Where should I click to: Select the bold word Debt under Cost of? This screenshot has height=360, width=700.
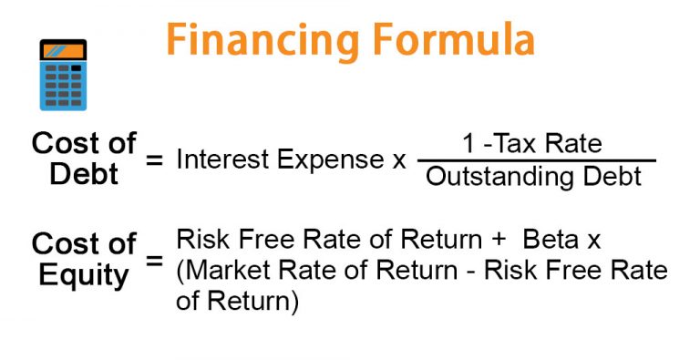coord(84,173)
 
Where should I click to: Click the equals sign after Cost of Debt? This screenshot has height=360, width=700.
coord(155,160)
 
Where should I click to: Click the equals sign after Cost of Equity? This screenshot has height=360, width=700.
coord(155,260)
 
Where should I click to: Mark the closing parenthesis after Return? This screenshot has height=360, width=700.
coord(293,302)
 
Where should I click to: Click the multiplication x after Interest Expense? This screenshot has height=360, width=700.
coord(398,161)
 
